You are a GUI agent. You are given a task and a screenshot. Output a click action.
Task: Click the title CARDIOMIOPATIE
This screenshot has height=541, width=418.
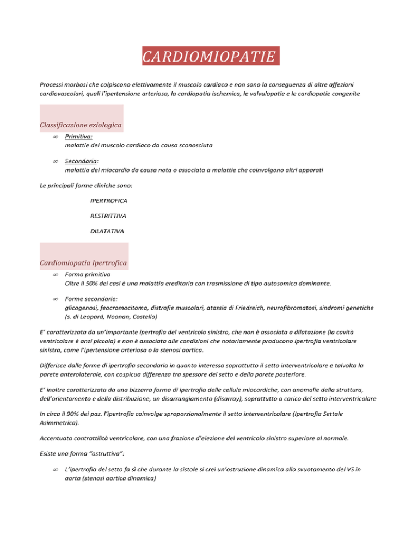click(211, 57)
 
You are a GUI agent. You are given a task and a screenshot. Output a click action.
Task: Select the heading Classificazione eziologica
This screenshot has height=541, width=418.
click(81, 126)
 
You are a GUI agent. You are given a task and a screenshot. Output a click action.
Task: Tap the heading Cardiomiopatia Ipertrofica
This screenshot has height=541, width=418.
click(83, 263)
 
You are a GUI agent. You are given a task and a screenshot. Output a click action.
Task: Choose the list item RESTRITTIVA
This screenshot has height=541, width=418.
click(108, 216)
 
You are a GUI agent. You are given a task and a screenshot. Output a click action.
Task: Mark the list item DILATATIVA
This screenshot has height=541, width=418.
click(107, 231)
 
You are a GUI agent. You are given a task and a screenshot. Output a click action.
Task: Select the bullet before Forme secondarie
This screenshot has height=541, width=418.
click(56, 299)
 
